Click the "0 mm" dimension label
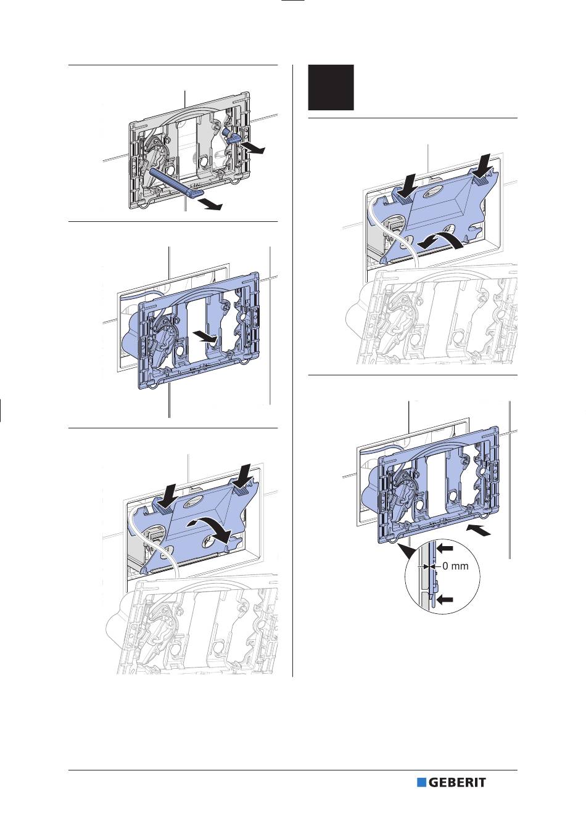[x=455, y=566]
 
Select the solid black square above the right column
[x=331, y=88]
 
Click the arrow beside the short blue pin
[x=253, y=147]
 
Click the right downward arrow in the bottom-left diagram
[x=243, y=477]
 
